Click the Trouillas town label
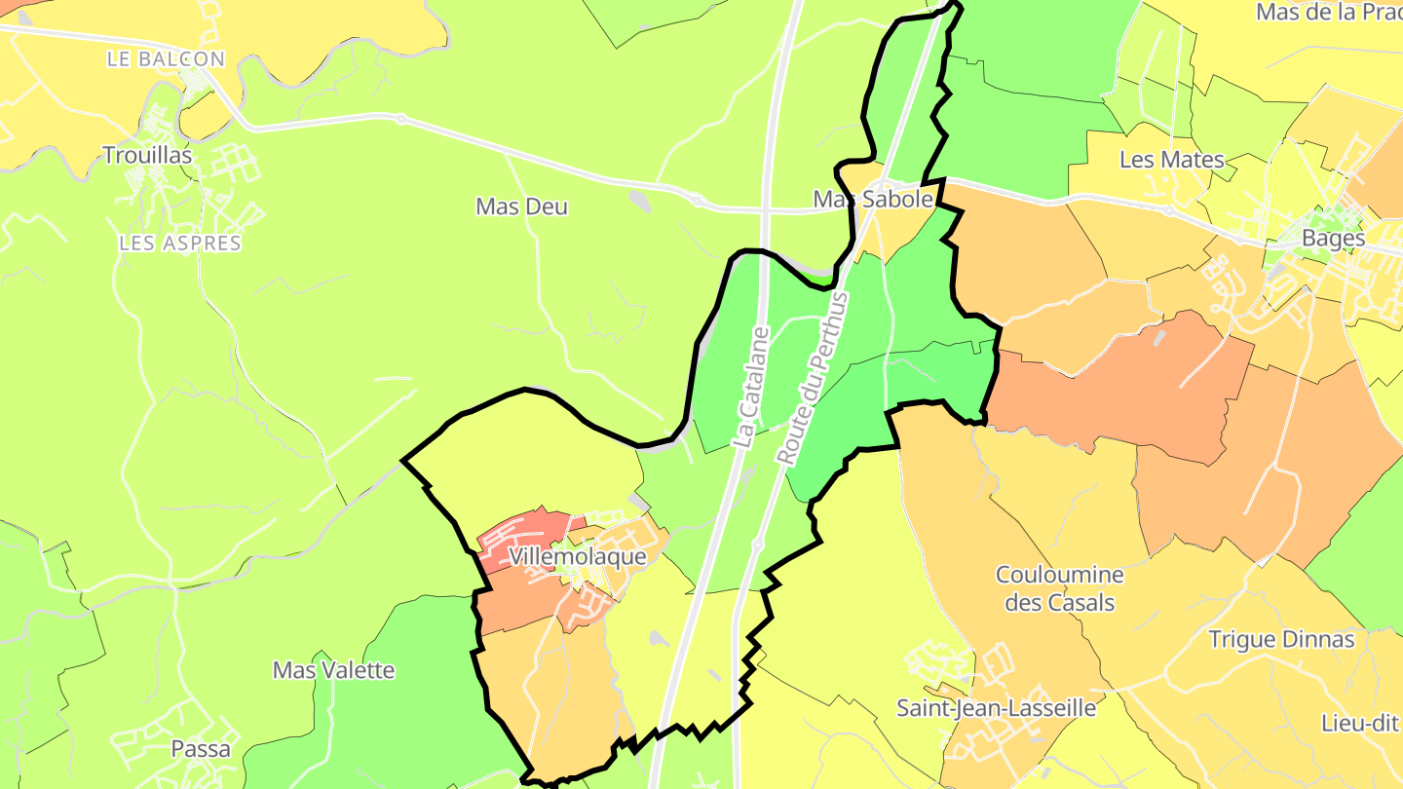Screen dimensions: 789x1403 (x=147, y=155)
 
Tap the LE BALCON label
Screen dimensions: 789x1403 (x=166, y=59)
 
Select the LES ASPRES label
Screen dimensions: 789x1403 (x=180, y=243)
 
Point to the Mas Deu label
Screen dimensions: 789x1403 (x=521, y=207)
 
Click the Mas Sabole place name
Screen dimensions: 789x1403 (x=874, y=199)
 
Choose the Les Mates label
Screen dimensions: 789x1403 (x=1171, y=160)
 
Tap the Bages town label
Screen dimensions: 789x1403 (x=1334, y=238)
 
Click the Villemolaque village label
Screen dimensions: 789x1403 (x=578, y=557)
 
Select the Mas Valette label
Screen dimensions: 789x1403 (x=333, y=670)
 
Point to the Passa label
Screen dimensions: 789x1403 (x=201, y=749)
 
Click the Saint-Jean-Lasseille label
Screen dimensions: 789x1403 (x=997, y=708)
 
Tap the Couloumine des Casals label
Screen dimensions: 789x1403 (x=1060, y=588)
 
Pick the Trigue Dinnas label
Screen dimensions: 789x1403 (x=1281, y=640)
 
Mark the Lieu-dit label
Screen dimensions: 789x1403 (x=1361, y=723)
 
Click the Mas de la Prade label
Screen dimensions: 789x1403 (x=1329, y=13)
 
